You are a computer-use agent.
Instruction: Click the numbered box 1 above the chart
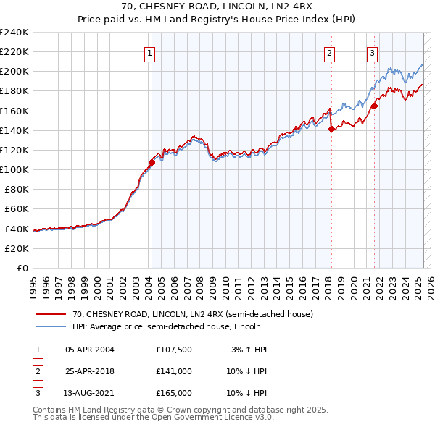(149, 52)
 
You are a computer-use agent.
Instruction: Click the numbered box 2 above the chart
(329, 52)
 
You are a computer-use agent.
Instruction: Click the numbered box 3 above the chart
(372, 52)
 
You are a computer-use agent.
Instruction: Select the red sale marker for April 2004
(152, 163)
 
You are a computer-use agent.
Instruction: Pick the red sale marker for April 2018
(331, 130)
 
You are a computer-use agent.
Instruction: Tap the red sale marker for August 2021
(375, 106)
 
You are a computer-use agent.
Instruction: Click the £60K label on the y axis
(17, 209)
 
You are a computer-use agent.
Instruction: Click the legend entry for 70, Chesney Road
(192, 314)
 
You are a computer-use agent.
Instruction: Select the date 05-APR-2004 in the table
(90, 350)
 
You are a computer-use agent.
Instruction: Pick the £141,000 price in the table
(174, 371)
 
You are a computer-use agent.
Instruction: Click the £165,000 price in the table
(174, 393)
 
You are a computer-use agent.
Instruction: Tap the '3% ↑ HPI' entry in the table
(249, 350)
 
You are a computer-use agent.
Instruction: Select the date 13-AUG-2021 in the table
(90, 393)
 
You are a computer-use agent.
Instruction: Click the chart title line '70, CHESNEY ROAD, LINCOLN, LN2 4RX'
(217, 8)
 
